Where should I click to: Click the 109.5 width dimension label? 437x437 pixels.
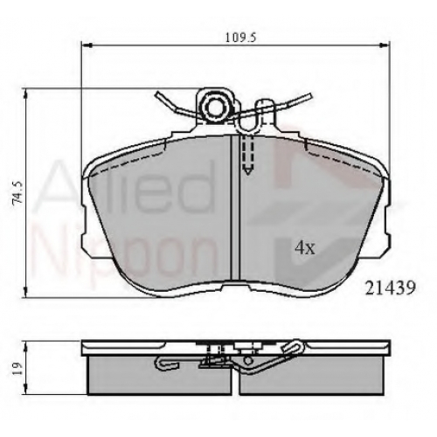tap(240, 38)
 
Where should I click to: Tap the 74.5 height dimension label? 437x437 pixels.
tap(18, 192)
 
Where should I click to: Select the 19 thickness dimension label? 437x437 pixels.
tap(17, 368)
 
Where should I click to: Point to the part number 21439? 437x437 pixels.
tap(390, 288)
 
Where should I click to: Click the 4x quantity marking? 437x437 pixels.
tap(305, 248)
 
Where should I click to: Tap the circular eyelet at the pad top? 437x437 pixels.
tap(216, 107)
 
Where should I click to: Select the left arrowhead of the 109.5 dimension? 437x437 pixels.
tap(87, 45)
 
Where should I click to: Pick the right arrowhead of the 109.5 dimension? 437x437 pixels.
tap(384, 45)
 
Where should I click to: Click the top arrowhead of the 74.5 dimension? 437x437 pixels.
tap(26, 94)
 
